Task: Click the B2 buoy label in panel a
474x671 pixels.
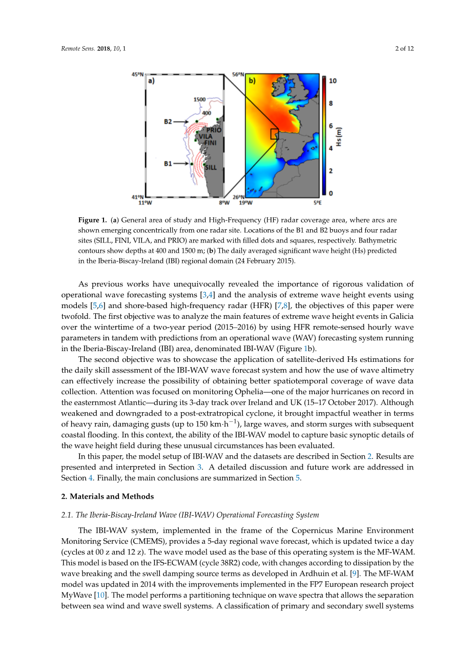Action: pyautogui.click(x=168, y=121)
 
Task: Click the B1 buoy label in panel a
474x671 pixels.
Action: pyautogui.click(x=168, y=164)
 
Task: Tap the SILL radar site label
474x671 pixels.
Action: pyautogui.click(x=211, y=168)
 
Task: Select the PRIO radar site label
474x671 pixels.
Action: pyautogui.click(x=214, y=130)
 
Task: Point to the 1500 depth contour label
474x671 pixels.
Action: pyautogui.click(x=199, y=99)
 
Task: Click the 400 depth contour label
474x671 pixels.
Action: pyautogui.click(x=206, y=113)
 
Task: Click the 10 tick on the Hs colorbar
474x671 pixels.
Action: pyautogui.click(x=333, y=81)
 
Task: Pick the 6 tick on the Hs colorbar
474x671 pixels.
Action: pyautogui.click(x=331, y=126)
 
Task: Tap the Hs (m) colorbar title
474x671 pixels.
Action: pyautogui.click(x=339, y=137)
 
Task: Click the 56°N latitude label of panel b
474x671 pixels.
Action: pyautogui.click(x=238, y=74)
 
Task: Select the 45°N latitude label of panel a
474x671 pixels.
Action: pyautogui.click(x=138, y=74)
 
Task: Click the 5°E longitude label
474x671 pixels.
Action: pyautogui.click(x=318, y=202)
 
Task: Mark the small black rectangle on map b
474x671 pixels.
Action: pyautogui.click(x=275, y=134)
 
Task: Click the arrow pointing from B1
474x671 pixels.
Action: pyautogui.click(x=181, y=164)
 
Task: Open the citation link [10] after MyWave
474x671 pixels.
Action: pyautogui.click(x=102, y=595)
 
